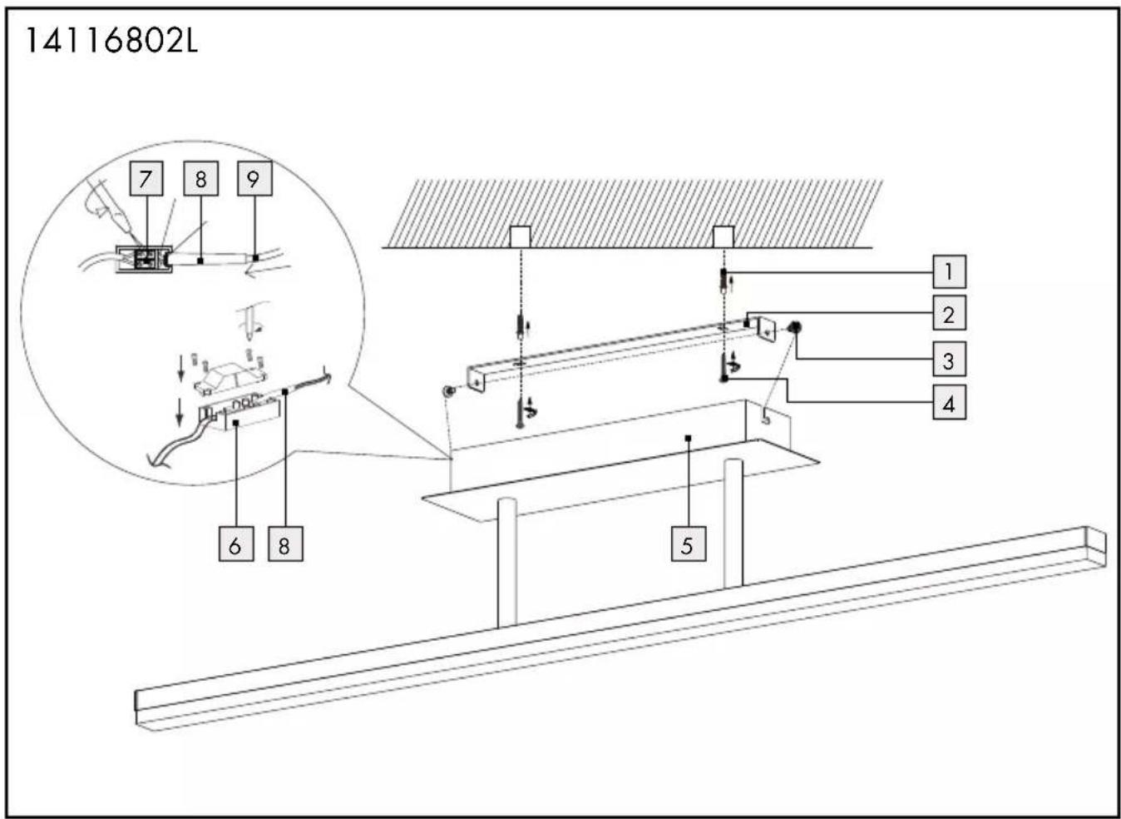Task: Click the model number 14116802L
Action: point(111,41)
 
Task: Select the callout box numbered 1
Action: point(950,272)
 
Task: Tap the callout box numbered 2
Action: point(950,313)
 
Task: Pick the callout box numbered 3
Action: point(950,360)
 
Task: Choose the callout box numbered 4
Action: point(950,402)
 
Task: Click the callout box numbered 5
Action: point(689,544)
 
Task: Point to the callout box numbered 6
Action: point(236,544)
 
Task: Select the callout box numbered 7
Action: point(146,178)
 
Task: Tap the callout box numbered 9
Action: point(254,178)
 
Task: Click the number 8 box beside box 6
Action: point(285,544)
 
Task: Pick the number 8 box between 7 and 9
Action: point(200,178)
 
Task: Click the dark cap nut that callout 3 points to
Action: point(794,328)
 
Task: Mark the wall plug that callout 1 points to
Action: point(723,281)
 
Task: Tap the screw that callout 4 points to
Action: point(724,367)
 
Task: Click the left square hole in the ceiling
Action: point(520,237)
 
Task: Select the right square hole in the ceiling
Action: point(723,237)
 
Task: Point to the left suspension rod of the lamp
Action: point(507,563)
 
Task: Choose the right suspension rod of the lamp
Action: point(733,524)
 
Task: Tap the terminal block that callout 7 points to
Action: point(146,260)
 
